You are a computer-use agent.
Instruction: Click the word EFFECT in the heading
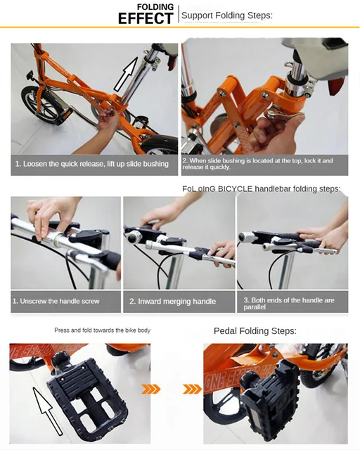click(x=145, y=18)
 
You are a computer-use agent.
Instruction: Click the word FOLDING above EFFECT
click(x=155, y=6)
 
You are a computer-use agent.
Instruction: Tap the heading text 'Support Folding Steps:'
click(x=226, y=15)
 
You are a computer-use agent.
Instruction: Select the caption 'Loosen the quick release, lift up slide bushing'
click(x=92, y=164)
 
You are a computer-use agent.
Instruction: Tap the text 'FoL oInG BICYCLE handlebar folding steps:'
click(x=261, y=188)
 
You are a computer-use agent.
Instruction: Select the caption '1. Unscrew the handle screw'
click(x=56, y=301)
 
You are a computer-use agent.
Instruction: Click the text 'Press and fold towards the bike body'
click(x=102, y=330)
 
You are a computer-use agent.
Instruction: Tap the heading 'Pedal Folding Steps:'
click(x=255, y=330)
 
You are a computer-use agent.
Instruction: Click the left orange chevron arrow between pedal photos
click(x=150, y=389)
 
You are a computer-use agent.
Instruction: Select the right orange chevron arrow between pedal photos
click(x=191, y=389)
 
